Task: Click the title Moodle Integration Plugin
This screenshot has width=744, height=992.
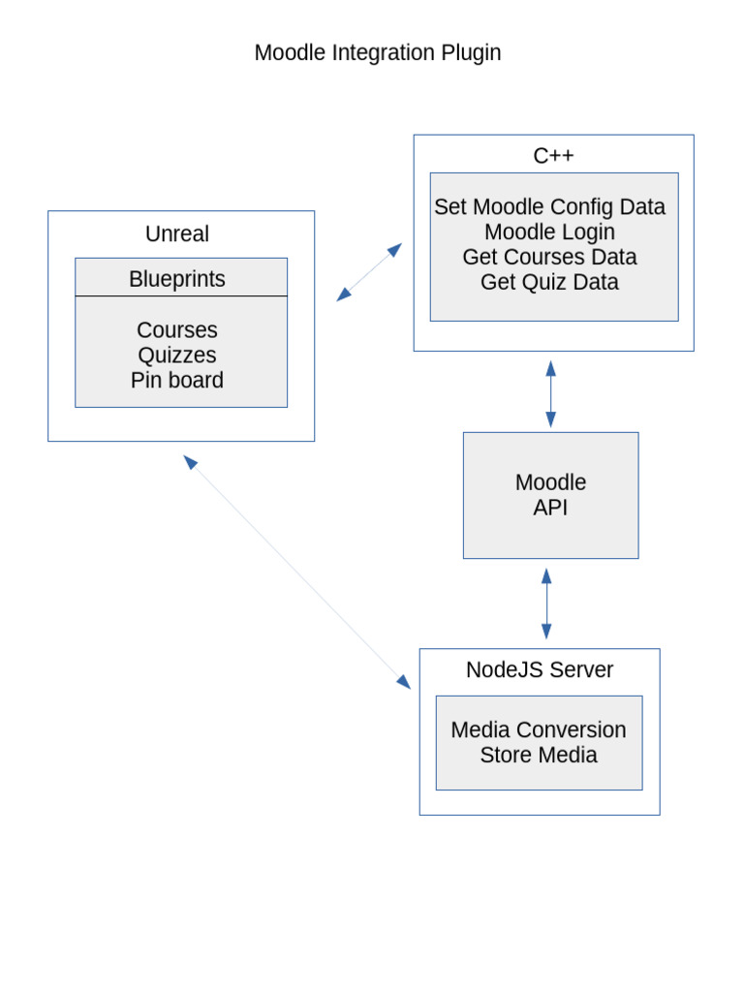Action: (378, 52)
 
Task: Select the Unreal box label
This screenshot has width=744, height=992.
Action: (177, 233)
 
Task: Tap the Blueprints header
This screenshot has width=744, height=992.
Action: (177, 279)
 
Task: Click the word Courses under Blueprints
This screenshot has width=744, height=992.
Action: (177, 329)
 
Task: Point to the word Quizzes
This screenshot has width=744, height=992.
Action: (177, 355)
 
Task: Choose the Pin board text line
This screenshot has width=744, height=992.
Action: (177, 380)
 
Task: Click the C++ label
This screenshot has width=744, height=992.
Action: (553, 155)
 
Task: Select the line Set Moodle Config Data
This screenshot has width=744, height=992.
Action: (550, 206)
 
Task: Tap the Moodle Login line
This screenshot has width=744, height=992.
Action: (550, 232)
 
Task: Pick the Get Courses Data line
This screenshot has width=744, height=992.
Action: (550, 257)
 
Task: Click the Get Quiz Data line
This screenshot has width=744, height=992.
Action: (550, 282)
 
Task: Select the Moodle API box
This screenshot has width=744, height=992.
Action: (550, 495)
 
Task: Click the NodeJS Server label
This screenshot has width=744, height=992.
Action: (540, 669)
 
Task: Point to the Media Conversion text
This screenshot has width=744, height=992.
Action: (539, 729)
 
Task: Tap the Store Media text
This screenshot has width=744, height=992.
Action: (539, 755)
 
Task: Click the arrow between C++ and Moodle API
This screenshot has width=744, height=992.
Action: (550, 393)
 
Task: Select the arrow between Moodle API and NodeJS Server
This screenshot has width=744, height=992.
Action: (546, 603)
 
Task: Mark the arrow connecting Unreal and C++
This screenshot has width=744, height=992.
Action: (369, 272)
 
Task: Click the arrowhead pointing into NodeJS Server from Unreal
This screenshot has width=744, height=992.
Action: (403, 681)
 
